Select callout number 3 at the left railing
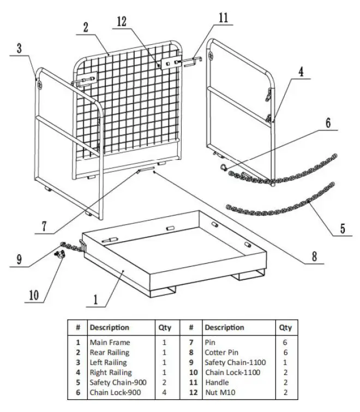19,48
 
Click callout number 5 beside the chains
342,228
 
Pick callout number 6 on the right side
328,123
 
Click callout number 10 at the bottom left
34,296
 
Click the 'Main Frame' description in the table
110,342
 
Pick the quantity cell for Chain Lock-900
164,392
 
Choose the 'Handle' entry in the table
217,382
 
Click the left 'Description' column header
109,327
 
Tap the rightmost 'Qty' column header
285,327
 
